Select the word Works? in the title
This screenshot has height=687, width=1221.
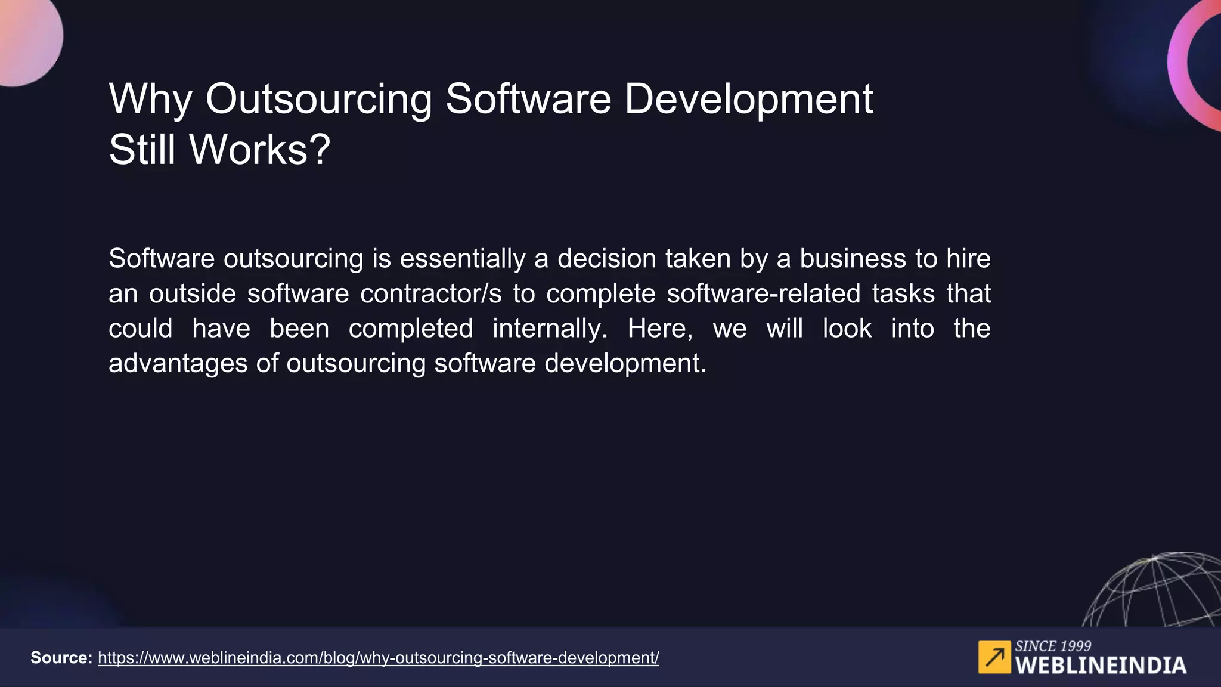(259, 150)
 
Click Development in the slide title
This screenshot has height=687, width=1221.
(748, 100)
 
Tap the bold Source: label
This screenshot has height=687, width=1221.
(61, 658)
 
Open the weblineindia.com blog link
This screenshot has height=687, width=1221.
(378, 658)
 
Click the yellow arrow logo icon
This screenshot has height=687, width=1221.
(994, 657)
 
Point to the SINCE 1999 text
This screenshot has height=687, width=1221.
(1053, 646)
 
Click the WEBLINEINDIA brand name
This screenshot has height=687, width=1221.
(1101, 666)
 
